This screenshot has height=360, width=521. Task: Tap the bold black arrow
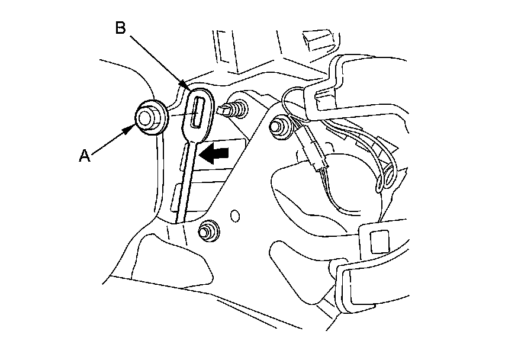click(x=215, y=155)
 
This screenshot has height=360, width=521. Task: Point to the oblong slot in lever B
click(x=197, y=112)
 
